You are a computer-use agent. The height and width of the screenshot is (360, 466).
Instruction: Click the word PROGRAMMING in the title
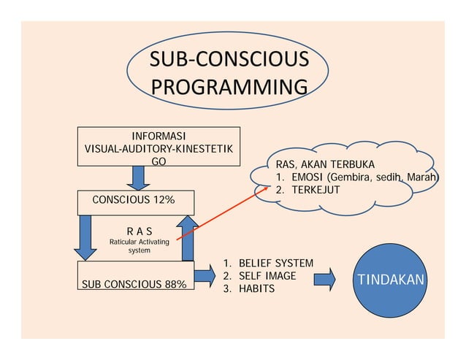click(229, 88)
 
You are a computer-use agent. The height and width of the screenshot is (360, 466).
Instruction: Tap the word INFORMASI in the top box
click(158, 137)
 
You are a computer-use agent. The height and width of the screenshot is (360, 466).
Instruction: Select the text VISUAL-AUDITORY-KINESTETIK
click(158, 148)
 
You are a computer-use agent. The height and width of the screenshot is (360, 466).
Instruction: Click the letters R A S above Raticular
click(139, 231)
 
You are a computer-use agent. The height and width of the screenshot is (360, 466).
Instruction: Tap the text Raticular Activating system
click(139, 246)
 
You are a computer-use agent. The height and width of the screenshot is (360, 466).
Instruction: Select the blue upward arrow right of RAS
click(188, 237)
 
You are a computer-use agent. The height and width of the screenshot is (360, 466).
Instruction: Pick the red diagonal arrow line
click(219, 212)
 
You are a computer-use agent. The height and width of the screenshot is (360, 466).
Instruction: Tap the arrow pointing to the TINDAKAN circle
click(324, 278)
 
